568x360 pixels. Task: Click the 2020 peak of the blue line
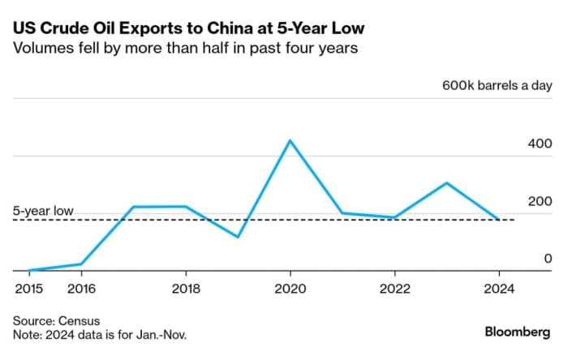pos(290,140)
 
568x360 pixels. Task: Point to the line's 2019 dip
pos(238,237)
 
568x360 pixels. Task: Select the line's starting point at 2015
pos(28,270)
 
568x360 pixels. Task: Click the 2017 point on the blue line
pos(133,207)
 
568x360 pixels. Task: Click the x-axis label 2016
pos(80,287)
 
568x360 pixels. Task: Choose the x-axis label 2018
pos(186,287)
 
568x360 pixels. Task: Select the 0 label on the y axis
pos(548,259)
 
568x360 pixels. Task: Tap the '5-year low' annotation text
pos(44,211)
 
